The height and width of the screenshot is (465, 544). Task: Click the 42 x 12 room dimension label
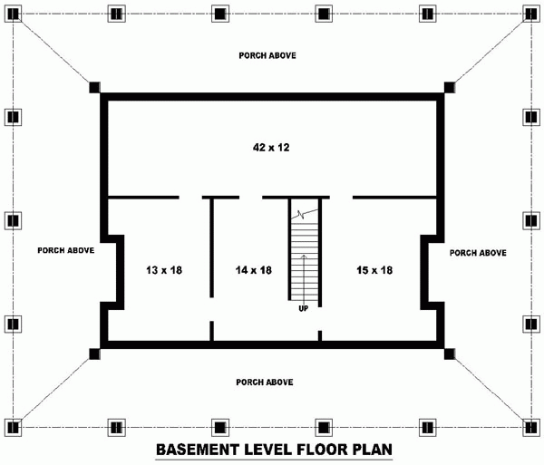coord(271,146)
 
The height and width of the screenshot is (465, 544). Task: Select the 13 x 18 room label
coord(164,270)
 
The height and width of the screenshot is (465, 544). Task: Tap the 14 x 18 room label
coord(253,270)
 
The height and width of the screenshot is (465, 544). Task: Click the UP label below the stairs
coord(304,309)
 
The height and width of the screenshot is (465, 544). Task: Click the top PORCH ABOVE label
coord(267,55)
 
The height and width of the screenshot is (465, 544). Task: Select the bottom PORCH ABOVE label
coord(264,382)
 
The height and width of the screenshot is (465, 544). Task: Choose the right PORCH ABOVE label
coord(478,253)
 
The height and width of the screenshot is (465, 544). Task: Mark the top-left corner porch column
coord(13,13)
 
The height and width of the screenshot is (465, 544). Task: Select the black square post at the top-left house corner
coord(94,87)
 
